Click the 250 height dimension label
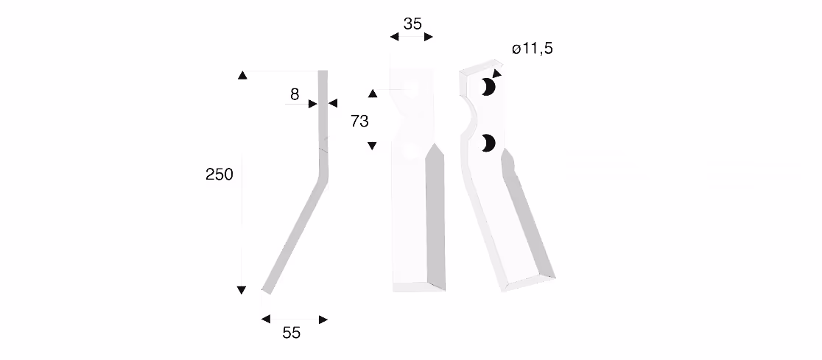click(x=219, y=174)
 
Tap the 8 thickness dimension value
click(x=295, y=94)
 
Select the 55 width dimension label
click(x=292, y=333)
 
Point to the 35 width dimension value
click(x=412, y=24)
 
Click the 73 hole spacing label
click(x=359, y=121)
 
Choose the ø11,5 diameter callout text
click(x=533, y=49)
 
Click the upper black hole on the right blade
click(x=488, y=87)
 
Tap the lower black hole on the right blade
click(x=488, y=143)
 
